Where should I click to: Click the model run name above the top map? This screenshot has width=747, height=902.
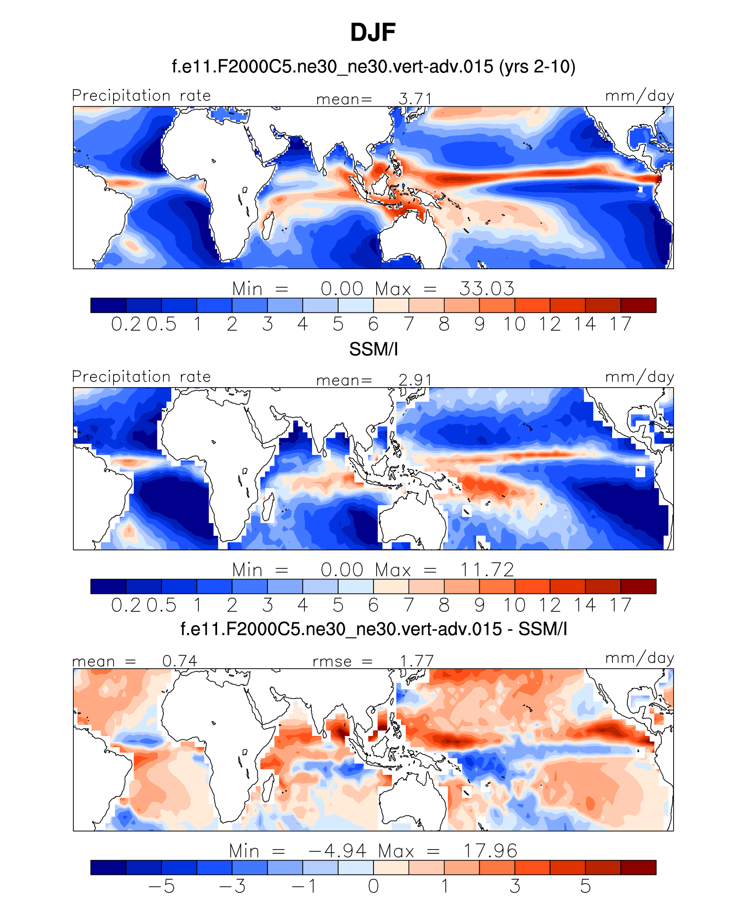tap(373, 67)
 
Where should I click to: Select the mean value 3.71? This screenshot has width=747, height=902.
tap(415, 99)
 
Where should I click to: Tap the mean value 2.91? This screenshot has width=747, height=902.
tap(415, 380)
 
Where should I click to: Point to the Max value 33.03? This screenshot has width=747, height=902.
tap(487, 289)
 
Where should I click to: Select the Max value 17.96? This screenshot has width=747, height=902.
tap(490, 851)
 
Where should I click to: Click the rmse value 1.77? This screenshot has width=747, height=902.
tap(417, 661)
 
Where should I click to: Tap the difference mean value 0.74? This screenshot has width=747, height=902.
tap(180, 661)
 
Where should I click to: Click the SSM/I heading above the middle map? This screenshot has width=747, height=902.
tap(373, 349)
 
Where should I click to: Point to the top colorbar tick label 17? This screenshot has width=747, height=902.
tap(620, 324)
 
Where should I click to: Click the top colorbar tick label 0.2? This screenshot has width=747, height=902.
tap(126, 324)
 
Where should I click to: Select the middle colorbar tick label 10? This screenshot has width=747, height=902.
tap(514, 605)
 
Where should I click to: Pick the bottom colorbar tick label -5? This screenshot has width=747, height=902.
tap(162, 886)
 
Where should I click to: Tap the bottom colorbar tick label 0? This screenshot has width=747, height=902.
tap(373, 886)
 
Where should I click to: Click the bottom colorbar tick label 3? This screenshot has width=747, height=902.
tap(515, 886)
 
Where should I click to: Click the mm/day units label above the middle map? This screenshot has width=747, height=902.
tap(639, 377)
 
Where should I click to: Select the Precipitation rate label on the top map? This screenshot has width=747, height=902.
tap(141, 96)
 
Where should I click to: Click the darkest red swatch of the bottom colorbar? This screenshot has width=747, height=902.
tap(638, 867)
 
